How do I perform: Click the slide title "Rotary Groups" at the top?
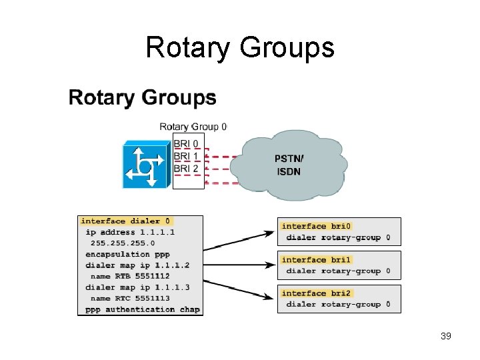coord(239,48)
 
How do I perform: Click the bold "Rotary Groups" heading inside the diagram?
coord(142,98)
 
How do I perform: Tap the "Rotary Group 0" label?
coord(193,127)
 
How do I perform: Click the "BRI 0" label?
coord(186,143)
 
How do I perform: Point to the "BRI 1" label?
coord(186,156)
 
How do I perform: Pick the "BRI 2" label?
coord(186,169)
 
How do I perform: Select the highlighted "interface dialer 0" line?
coord(126,221)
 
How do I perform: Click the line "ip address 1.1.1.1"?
coord(130,232)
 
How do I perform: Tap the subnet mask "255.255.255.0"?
coord(123,243)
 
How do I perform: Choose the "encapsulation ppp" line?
coord(127,254)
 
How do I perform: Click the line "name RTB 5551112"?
coord(130,276)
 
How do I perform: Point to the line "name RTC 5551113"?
coord(130,298)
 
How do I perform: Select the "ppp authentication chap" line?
coord(143,309)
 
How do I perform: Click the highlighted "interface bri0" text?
coord(317,226)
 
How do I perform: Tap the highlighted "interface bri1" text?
coord(317,260)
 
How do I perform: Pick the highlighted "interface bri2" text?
coord(317,293)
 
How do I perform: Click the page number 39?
coord(446,336)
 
